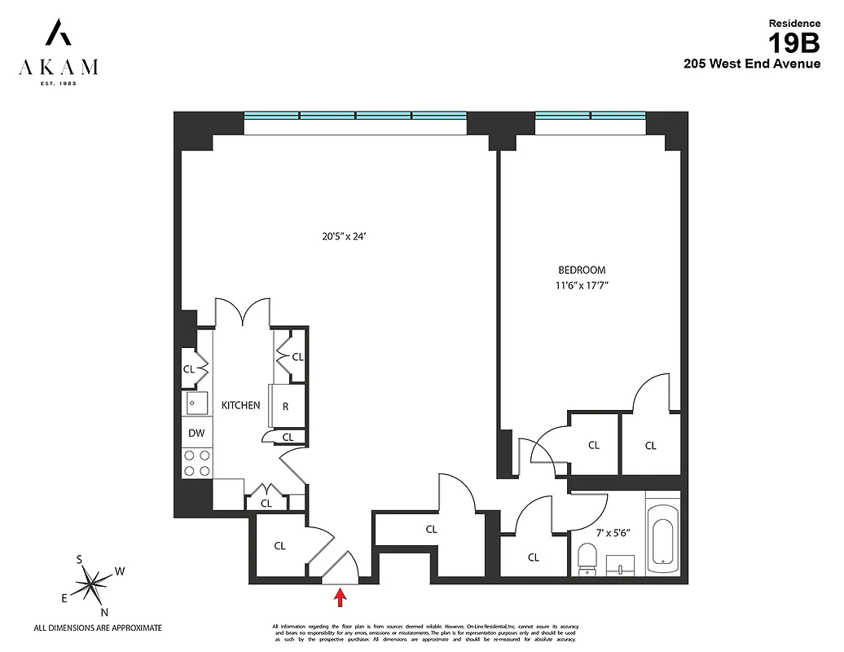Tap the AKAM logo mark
[58, 34]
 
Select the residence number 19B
[794, 42]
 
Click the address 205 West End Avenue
[751, 64]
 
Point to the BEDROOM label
[582, 270]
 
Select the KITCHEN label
[240, 405]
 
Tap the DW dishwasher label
[196, 434]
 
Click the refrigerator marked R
[285, 405]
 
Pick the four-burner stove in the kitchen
[196, 463]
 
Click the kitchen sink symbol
[196, 403]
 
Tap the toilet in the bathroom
[587, 559]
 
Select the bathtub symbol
[662, 535]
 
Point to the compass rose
[91, 582]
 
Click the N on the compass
[104, 612]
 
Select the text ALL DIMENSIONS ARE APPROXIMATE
[98, 628]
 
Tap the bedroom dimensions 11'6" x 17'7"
[582, 286]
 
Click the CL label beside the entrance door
[279, 546]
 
